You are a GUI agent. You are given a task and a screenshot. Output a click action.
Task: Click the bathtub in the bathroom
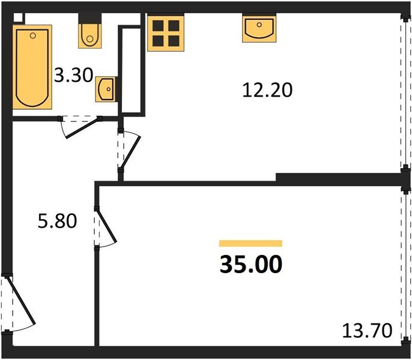(32, 65)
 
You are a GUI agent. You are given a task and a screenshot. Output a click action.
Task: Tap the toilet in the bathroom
(89, 35)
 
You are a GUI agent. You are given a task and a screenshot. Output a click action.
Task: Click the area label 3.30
(73, 76)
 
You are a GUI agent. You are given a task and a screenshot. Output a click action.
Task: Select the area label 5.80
(57, 222)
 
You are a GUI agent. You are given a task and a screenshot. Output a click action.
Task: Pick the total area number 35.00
(250, 264)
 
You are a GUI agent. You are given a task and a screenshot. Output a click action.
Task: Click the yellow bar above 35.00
(250, 243)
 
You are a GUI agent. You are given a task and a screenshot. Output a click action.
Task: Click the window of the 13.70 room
(402, 264)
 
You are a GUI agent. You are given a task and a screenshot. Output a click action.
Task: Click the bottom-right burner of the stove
(174, 40)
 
